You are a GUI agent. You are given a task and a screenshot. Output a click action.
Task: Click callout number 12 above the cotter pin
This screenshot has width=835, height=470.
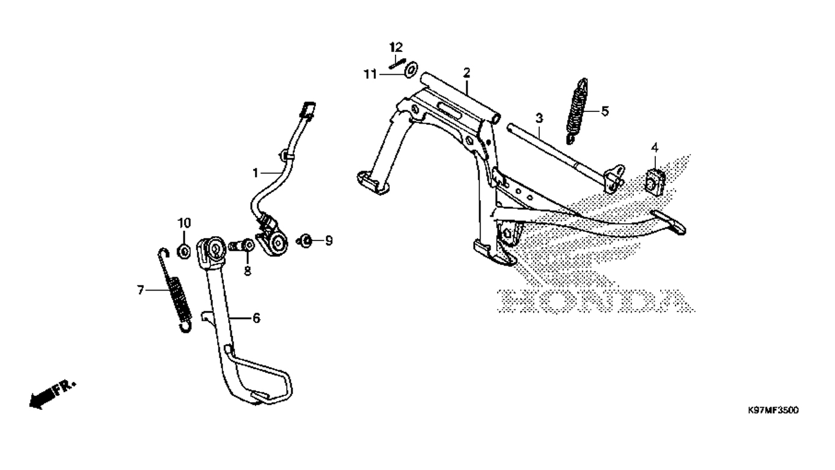click(396, 47)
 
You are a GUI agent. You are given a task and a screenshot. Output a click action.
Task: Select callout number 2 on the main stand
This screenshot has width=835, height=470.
click(466, 73)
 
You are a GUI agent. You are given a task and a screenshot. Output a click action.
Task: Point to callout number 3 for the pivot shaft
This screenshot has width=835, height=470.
click(539, 119)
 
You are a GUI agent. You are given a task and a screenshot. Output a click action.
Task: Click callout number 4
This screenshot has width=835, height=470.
click(655, 148)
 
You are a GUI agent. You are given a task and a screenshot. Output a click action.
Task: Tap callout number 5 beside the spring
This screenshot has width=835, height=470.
click(605, 111)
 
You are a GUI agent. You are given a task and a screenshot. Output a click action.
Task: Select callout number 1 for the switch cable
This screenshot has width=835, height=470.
click(256, 173)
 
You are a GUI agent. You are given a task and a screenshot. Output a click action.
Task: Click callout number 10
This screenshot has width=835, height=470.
click(184, 223)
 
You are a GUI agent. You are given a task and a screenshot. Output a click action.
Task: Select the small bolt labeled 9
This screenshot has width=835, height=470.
click(304, 241)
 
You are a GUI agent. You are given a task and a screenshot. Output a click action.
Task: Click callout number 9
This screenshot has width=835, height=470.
click(329, 241)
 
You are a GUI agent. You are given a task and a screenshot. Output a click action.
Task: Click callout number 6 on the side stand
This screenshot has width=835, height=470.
click(257, 318)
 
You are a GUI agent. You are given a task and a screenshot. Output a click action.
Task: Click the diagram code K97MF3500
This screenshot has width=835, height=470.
click(773, 411)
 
